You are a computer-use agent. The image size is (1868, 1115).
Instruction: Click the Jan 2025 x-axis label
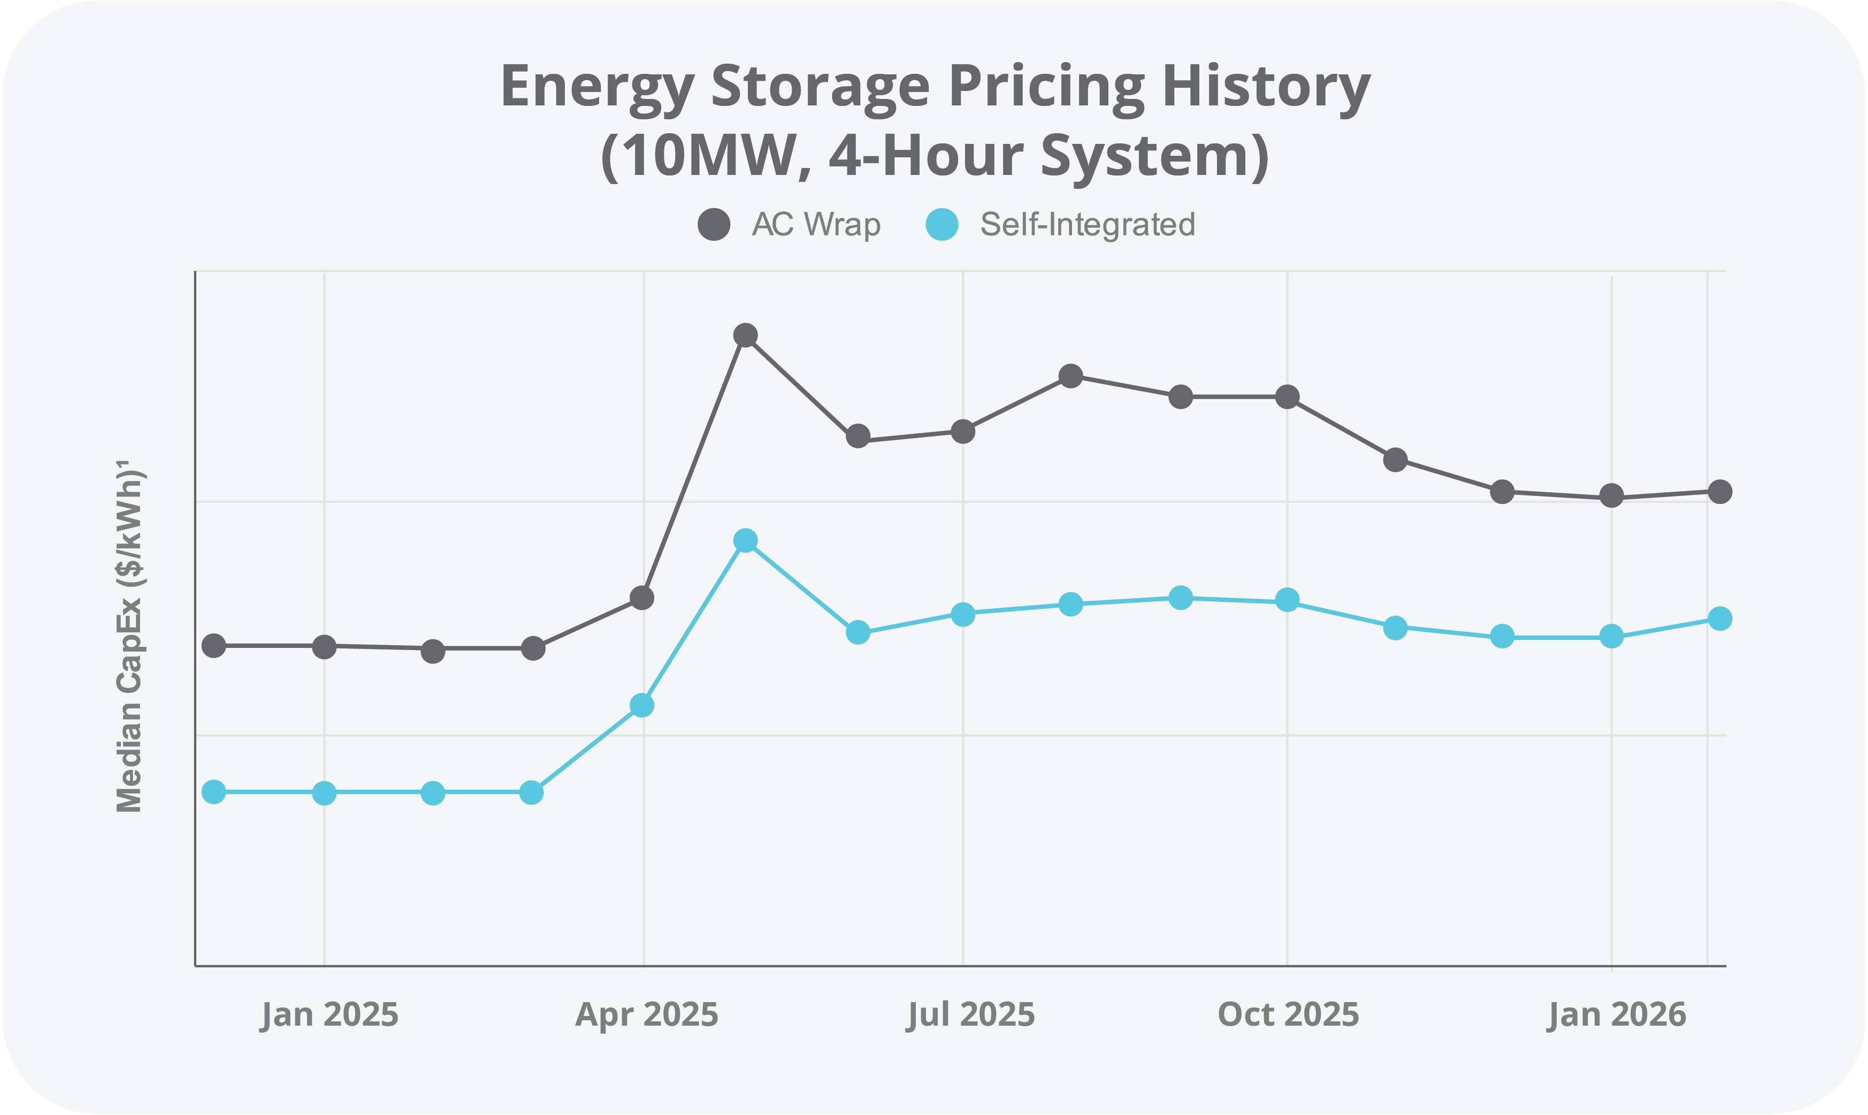(x=329, y=1014)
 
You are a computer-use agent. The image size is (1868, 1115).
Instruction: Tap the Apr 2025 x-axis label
(x=647, y=1014)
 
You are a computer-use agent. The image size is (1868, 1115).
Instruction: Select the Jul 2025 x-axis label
(x=970, y=1014)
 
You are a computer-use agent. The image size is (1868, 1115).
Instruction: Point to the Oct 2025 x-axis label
(x=1288, y=1014)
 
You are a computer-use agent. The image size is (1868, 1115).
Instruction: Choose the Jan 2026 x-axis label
(x=1617, y=1014)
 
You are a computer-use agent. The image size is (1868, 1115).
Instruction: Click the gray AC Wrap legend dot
(x=714, y=225)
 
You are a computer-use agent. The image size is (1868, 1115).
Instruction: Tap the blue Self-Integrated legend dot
(x=942, y=225)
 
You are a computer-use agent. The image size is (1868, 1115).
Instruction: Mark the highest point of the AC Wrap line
(x=745, y=335)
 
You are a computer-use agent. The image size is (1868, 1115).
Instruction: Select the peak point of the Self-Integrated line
(x=745, y=540)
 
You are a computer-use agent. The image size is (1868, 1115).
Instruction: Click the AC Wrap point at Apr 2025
(x=641, y=598)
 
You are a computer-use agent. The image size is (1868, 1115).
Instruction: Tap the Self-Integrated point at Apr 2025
(x=641, y=705)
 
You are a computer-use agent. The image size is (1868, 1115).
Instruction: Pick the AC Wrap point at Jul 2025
(x=963, y=431)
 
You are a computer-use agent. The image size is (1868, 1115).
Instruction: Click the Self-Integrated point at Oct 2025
(x=1288, y=600)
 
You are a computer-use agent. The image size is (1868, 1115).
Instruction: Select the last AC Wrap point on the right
(x=1720, y=492)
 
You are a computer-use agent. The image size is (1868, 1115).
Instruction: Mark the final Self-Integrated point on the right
(x=1720, y=618)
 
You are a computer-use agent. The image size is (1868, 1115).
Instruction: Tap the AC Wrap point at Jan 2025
(x=324, y=646)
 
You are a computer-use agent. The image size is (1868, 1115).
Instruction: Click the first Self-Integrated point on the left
(x=214, y=792)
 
